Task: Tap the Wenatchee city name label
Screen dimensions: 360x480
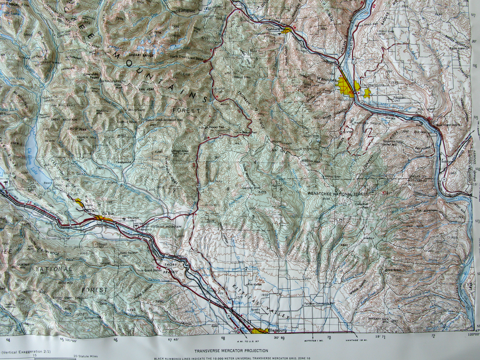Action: pyautogui.click(x=325, y=80)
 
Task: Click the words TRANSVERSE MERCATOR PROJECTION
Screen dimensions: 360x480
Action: pyautogui.click(x=231, y=350)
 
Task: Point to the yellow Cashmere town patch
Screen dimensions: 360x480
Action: pyautogui.click(x=286, y=30)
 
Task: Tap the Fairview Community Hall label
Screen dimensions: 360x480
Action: pyautogui.click(x=319, y=303)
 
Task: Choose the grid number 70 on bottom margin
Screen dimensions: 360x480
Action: pyautogui.click(x=329, y=337)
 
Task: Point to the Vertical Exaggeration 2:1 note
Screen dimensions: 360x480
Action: pyautogui.click(x=26, y=351)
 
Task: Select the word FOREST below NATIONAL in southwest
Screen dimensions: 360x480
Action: pyautogui.click(x=94, y=290)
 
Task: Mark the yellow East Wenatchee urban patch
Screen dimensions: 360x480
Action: pyautogui.click(x=367, y=93)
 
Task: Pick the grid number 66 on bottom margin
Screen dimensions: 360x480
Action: pyautogui.click(x=116, y=340)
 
